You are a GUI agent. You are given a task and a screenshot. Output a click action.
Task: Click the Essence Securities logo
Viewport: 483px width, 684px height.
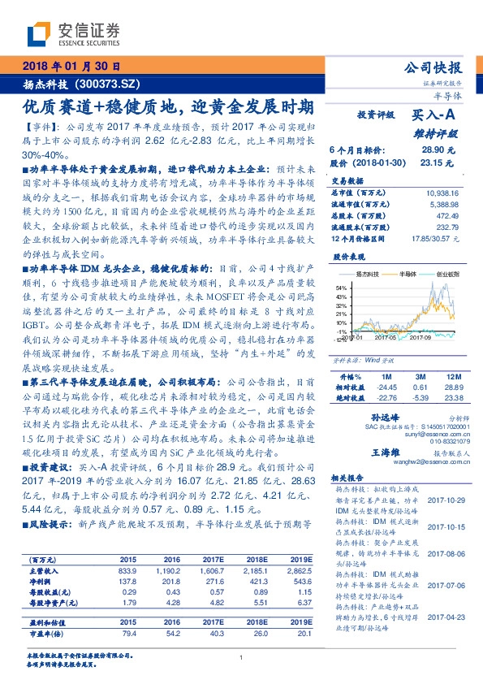pyautogui.click(x=74, y=33)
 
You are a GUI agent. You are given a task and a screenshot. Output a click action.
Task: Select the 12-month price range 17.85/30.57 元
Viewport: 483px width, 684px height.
pyautogui.click(x=433, y=237)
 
